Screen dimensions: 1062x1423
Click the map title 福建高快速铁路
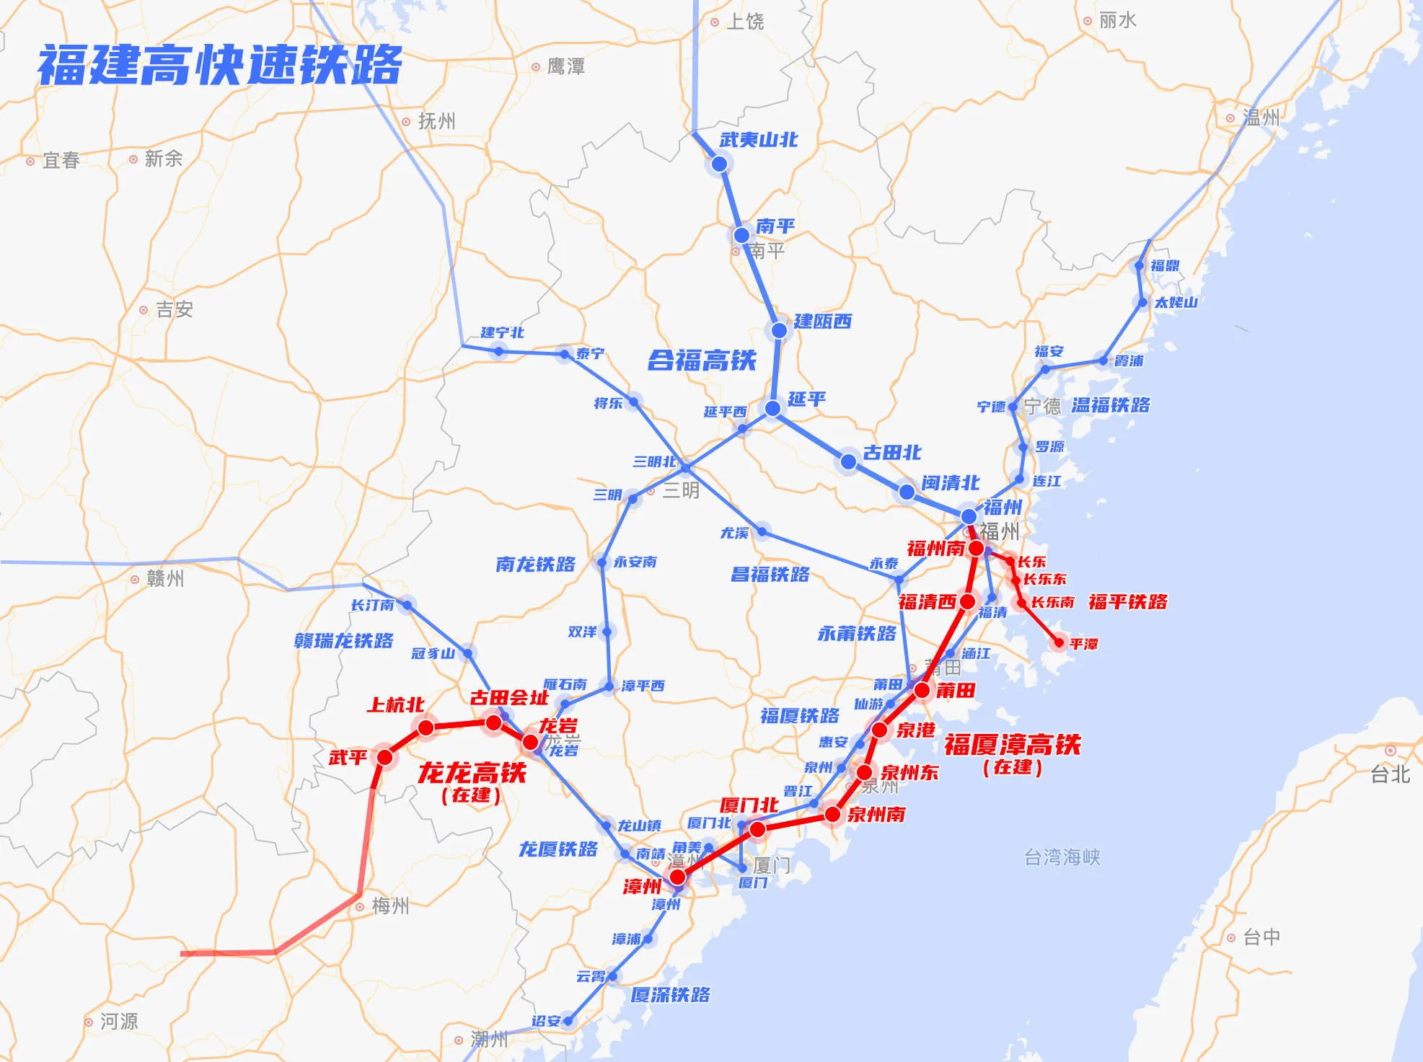tap(220, 65)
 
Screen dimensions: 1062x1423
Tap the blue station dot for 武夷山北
tap(719, 164)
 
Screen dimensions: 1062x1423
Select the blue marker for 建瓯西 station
tap(779, 330)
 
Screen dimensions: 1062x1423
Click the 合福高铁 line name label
tap(702, 360)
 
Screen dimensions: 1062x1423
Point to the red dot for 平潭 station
tap(1059, 642)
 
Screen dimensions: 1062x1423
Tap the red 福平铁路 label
tap(1127, 602)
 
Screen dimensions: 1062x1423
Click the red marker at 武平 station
tap(384, 757)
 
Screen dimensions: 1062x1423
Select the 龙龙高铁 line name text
tap(472, 773)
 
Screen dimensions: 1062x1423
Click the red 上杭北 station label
tap(395, 704)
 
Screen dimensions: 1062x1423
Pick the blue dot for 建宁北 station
tap(499, 351)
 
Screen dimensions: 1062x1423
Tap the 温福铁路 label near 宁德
tap(1110, 405)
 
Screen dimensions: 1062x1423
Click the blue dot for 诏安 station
tap(568, 1020)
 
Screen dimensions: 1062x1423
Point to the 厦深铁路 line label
tap(670, 995)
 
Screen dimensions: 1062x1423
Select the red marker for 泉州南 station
tap(832, 815)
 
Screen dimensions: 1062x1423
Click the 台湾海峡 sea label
tap(1062, 857)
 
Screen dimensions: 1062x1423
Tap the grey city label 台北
tap(1390, 774)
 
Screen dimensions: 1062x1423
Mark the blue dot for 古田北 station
tap(849, 461)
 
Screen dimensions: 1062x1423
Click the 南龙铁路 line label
tap(535, 564)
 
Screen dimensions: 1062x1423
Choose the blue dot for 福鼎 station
tap(1140, 266)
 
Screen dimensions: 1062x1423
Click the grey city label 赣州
tap(165, 578)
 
